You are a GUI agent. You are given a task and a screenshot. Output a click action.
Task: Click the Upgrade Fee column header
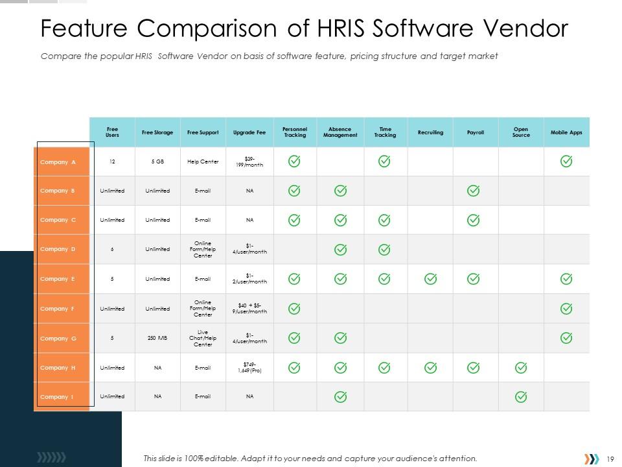pyautogui.click(x=249, y=132)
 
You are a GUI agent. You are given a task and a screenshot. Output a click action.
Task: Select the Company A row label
pyautogui.click(x=58, y=162)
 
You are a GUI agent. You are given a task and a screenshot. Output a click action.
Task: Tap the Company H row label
pyautogui.click(x=58, y=368)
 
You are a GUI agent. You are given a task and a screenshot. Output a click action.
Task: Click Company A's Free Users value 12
pyautogui.click(x=112, y=162)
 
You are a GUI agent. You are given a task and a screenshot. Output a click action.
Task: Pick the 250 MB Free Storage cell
pyautogui.click(x=157, y=338)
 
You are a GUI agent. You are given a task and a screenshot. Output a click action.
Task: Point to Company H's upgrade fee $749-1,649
pyautogui.click(x=249, y=368)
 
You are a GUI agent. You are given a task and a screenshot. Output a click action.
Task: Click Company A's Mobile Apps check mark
pyautogui.click(x=566, y=162)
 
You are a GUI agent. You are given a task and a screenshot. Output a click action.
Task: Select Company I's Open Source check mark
pyautogui.click(x=521, y=396)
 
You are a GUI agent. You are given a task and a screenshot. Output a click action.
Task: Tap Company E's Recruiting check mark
pyautogui.click(x=430, y=279)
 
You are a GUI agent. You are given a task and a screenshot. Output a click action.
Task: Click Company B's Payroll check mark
pyautogui.click(x=474, y=191)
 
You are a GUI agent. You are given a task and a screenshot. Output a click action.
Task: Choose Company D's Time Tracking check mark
pyautogui.click(x=384, y=250)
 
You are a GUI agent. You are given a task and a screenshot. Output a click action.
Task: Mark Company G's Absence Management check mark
pyautogui.click(x=340, y=338)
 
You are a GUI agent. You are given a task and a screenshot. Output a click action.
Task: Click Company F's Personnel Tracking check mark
pyautogui.click(x=294, y=309)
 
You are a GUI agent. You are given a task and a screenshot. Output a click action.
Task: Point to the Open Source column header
pyautogui.click(x=521, y=132)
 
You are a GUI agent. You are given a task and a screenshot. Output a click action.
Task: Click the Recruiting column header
pyautogui.click(x=430, y=132)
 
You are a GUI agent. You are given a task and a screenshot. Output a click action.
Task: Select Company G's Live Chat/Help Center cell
pyautogui.click(x=203, y=338)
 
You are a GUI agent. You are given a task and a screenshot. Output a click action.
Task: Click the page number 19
pyautogui.click(x=610, y=459)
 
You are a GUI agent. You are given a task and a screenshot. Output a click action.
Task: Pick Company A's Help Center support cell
pyautogui.click(x=203, y=162)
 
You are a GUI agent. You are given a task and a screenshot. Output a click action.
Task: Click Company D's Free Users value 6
pyautogui.click(x=112, y=250)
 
